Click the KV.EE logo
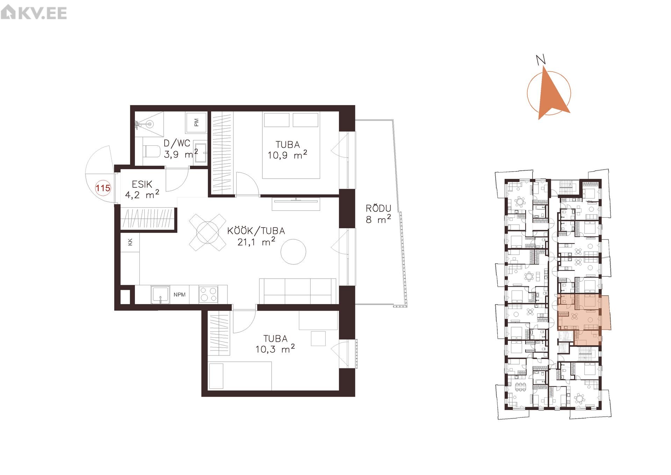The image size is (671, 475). click(34, 13)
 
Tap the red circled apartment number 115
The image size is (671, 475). click(103, 188)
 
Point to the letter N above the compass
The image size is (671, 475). click(541, 60)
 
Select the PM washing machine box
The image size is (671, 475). click(196, 122)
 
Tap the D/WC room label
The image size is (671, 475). click(177, 143)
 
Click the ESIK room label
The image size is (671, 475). click(142, 184)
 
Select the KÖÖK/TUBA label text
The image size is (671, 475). click(256, 231)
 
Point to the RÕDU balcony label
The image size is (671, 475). click(378, 208)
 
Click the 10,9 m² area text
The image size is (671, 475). click(287, 155)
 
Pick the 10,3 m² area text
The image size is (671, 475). click(275, 349)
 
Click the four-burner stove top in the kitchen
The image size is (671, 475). click(208, 294)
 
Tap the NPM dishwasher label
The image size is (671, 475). click(180, 295)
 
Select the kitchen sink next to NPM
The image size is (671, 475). click(160, 294)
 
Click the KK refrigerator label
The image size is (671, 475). click(130, 242)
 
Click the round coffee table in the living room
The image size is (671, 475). click(293, 252)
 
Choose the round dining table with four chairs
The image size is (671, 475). click(208, 232)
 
